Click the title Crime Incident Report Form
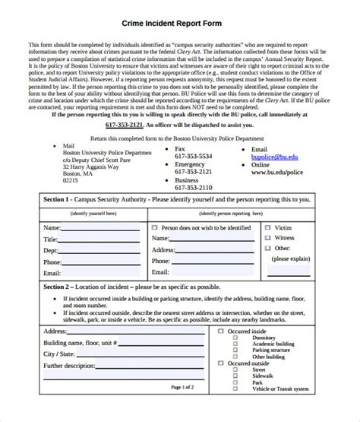(x=179, y=12)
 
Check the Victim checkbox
(x=268, y=227)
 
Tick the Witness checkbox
(x=268, y=238)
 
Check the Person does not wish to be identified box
(x=155, y=227)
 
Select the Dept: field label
(x=51, y=250)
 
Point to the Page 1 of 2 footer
(x=182, y=409)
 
